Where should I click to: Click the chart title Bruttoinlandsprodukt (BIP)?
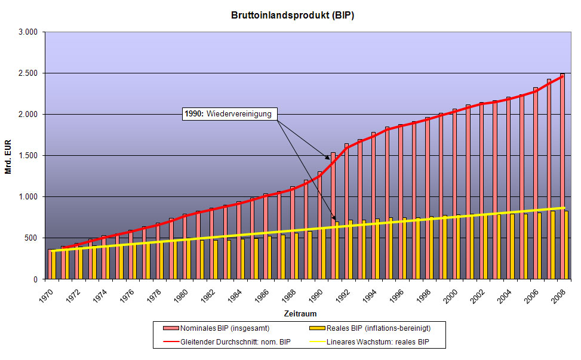click(x=293, y=16)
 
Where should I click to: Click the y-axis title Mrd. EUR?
click(x=8, y=155)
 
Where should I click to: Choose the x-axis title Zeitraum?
click(x=300, y=313)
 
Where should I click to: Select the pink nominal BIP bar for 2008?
click(x=562, y=176)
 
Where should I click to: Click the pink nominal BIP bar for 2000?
click(x=454, y=194)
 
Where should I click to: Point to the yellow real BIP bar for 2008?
click(x=566, y=245)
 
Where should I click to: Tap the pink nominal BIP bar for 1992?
click(x=347, y=211)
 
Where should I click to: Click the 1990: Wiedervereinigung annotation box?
click(x=230, y=114)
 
